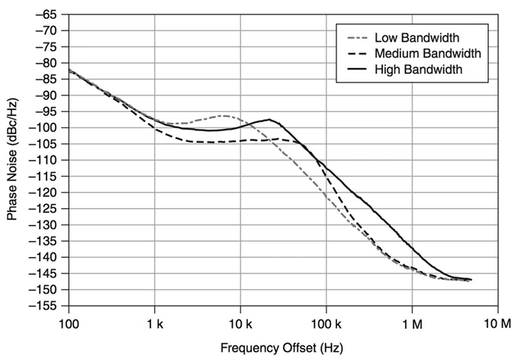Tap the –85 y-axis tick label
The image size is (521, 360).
(47, 79)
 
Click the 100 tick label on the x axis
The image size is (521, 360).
(69, 323)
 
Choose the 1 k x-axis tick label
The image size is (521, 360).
(155, 323)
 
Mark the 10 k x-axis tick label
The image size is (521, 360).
(240, 323)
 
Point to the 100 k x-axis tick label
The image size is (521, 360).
(326, 323)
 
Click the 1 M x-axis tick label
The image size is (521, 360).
(413, 323)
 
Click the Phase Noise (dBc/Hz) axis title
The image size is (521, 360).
(13, 159)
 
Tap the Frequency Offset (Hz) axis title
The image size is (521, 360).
(281, 348)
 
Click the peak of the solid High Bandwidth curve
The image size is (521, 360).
(270, 120)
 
